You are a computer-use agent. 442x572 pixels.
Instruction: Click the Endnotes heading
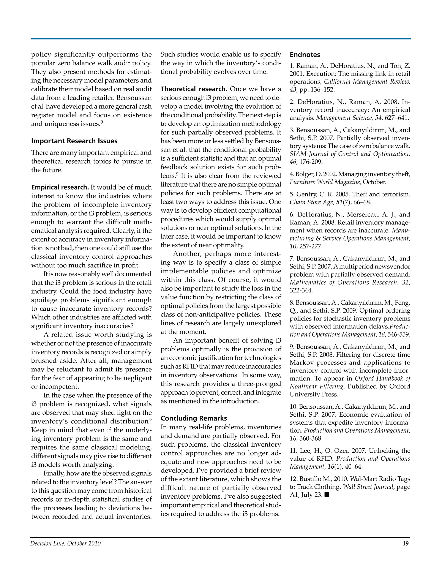305,55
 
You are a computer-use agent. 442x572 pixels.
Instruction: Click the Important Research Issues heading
74,141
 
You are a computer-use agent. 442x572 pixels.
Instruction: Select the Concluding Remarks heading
194,418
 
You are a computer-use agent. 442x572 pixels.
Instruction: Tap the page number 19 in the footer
405,544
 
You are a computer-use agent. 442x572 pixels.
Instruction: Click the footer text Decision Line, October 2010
65,544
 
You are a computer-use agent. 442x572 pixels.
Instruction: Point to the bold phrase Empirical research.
60,187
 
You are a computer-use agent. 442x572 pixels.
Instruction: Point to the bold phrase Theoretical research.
194,89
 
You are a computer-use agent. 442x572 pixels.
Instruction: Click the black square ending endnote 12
327,495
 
